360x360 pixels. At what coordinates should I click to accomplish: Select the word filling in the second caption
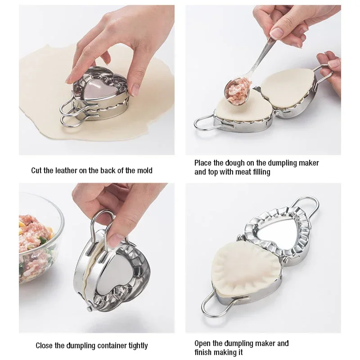pos(258,172)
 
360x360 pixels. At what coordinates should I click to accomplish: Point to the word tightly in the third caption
pos(135,346)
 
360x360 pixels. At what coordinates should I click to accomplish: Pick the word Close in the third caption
pos(45,346)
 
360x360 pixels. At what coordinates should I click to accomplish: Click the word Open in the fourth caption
pos(202,343)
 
